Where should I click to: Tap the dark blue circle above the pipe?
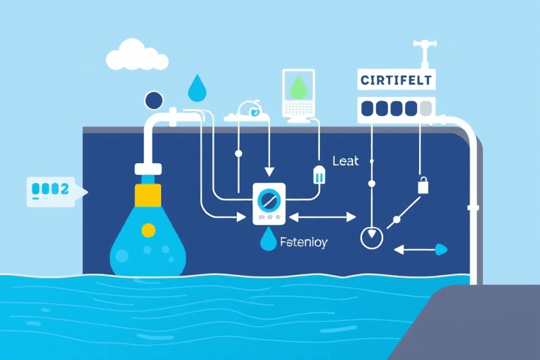(x=153, y=100)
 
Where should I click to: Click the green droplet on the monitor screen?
(x=299, y=86)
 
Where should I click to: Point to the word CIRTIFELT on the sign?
(x=397, y=80)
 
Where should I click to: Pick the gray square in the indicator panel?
(x=425, y=108)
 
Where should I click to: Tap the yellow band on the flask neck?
(x=148, y=193)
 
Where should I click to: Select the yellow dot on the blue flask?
(x=148, y=230)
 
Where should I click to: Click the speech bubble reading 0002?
(x=50, y=189)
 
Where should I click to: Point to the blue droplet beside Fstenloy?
(x=268, y=241)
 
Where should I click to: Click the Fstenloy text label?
(x=304, y=243)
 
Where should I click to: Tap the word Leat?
(x=345, y=161)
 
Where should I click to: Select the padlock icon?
(x=423, y=186)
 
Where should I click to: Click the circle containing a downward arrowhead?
(x=371, y=238)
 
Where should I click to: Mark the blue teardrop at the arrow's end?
(x=442, y=248)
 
